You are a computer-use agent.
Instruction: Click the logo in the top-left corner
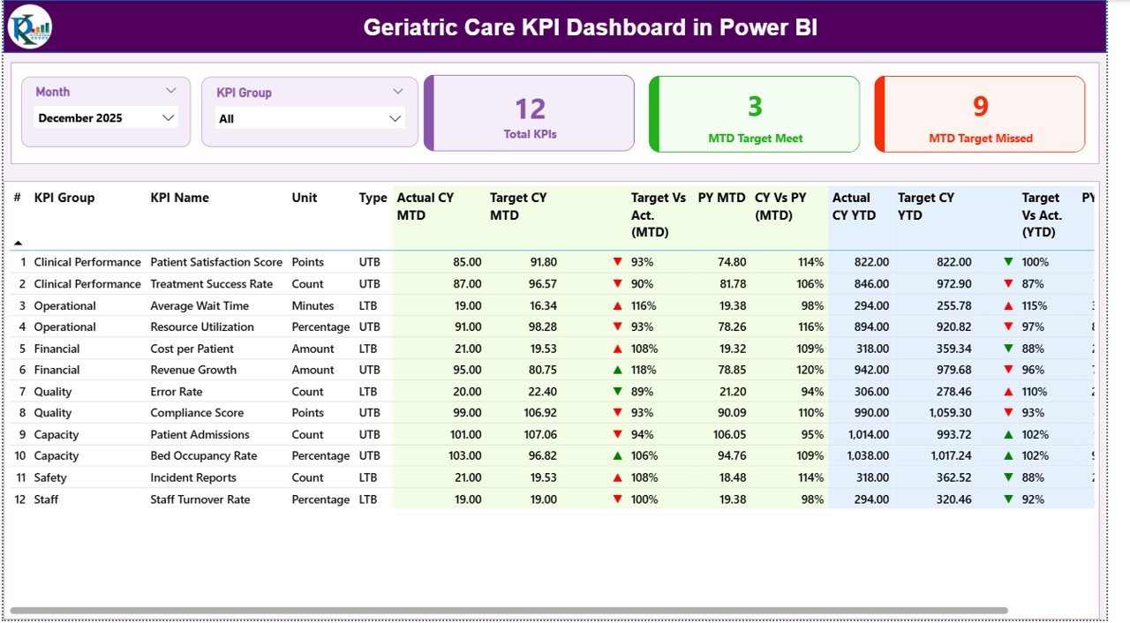(30, 26)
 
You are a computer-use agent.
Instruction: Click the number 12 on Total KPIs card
(530, 109)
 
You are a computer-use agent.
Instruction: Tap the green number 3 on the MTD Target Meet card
(755, 107)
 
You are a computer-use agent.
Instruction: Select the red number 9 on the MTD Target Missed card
(980, 107)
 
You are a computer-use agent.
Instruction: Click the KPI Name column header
(179, 198)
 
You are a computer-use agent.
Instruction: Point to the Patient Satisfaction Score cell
(216, 262)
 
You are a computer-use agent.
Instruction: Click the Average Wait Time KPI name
(200, 305)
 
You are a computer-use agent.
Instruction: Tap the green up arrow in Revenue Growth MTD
(618, 370)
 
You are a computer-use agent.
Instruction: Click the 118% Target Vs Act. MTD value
(644, 370)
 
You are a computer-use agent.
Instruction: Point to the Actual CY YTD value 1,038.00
(863, 456)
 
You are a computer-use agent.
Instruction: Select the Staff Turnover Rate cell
(200, 499)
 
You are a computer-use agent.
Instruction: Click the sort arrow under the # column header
(18, 243)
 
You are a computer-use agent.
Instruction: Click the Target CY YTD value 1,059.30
(946, 413)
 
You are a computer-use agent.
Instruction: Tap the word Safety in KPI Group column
(51, 477)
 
